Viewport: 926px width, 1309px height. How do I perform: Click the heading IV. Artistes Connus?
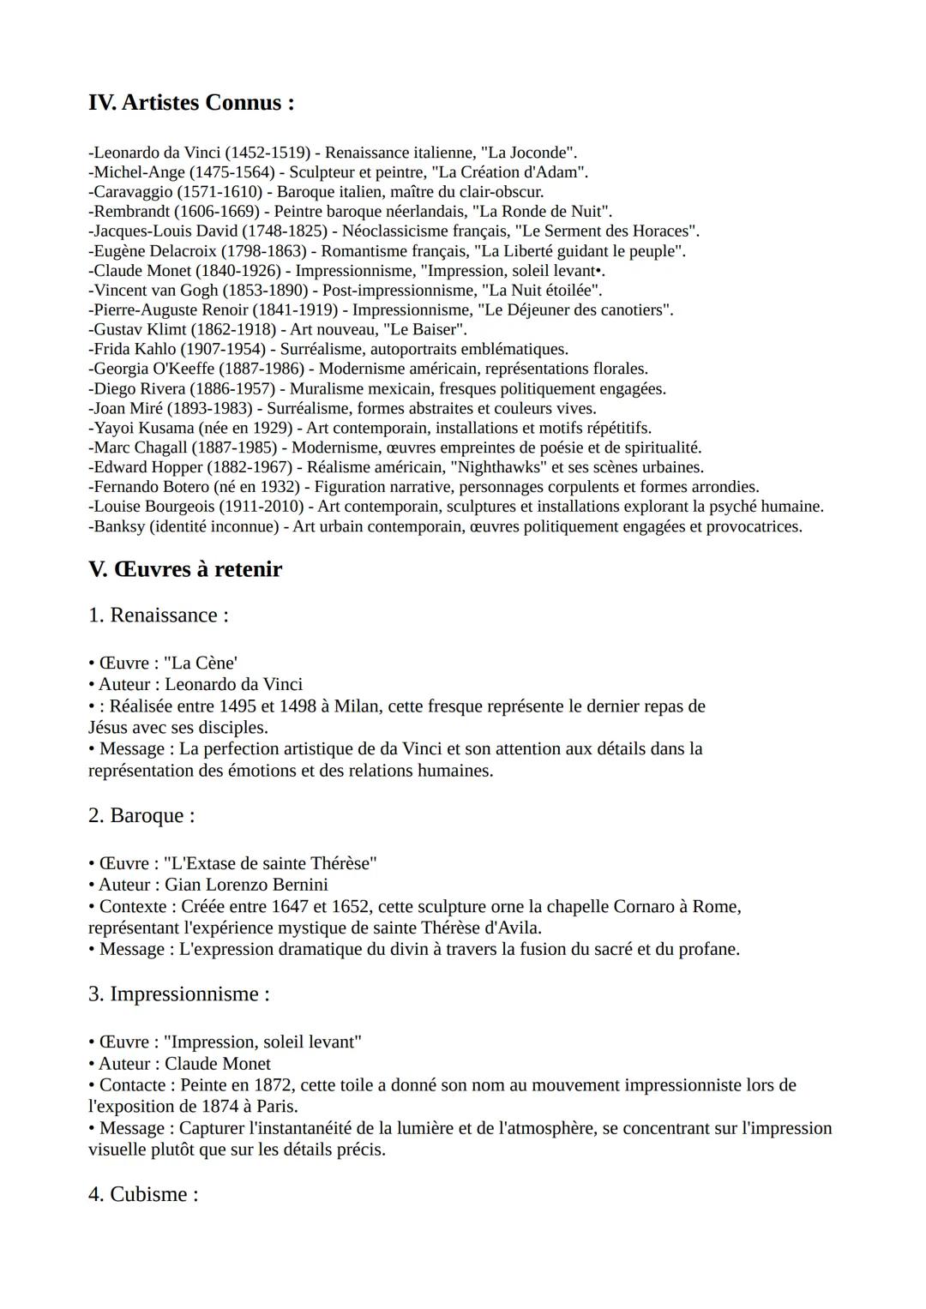(x=191, y=103)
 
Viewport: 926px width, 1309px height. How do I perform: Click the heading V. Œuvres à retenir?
(x=185, y=569)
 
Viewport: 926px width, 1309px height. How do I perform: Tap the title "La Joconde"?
(x=528, y=153)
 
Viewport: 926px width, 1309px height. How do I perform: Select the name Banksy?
(x=119, y=527)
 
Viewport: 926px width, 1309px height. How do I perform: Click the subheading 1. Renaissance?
(x=159, y=615)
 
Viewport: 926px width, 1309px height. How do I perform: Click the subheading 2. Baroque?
(x=141, y=815)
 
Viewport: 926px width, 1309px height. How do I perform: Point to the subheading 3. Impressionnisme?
(x=179, y=994)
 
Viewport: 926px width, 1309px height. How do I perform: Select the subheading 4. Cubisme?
(x=143, y=1194)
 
